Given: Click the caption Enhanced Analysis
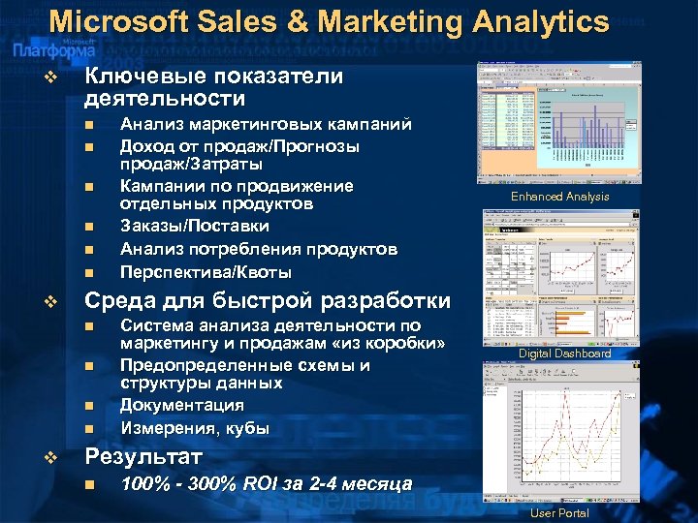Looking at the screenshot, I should click(560, 197).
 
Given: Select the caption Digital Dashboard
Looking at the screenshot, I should click(564, 354).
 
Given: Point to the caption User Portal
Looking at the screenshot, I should click(559, 512).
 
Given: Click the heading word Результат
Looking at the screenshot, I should click(143, 456).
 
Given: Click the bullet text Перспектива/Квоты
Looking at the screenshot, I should click(205, 272).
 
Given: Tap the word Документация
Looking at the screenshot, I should click(181, 405).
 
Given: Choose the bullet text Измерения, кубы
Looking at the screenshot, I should click(195, 427).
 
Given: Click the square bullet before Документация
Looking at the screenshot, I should click(88, 406).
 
